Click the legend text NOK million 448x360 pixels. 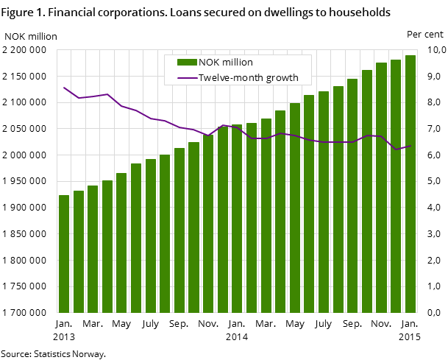[226, 63]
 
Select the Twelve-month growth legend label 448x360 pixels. [249, 78]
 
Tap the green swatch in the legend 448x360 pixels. [188, 63]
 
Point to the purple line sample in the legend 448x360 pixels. [188, 78]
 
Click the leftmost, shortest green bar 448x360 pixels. [64, 254]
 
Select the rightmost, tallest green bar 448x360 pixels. [410, 184]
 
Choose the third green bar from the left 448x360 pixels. [93, 249]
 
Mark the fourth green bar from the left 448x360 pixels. [107, 247]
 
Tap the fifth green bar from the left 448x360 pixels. [121, 243]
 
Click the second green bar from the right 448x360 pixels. [396, 186]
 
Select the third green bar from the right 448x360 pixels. [381, 188]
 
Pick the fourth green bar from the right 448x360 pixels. [367, 191]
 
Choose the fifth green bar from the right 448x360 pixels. [352, 196]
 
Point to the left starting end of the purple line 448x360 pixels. [64, 88]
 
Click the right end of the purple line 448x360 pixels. [410, 146]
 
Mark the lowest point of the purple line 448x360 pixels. [397, 149]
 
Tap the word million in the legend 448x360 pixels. [237, 63]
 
